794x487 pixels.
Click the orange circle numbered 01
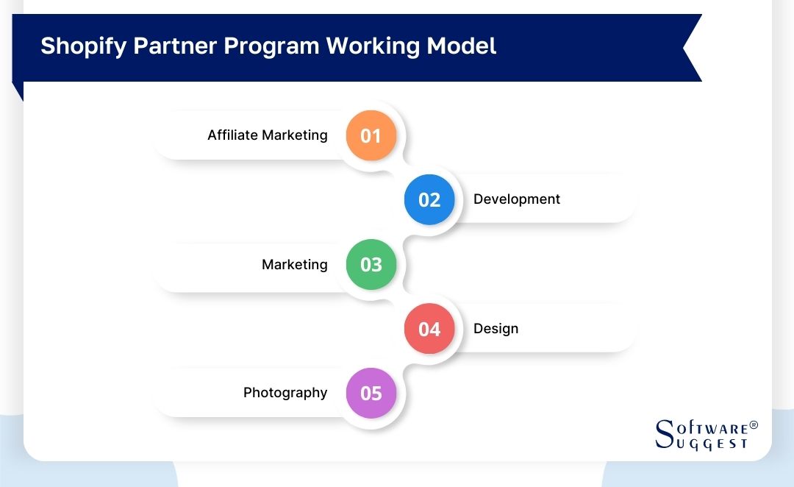point(371,135)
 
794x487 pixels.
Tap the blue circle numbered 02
point(429,199)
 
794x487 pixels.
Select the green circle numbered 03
point(371,264)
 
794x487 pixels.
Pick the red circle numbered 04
point(429,328)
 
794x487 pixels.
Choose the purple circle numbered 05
point(371,393)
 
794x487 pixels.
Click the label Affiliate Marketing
point(267,135)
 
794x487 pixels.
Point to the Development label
point(516,199)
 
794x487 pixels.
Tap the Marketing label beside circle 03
point(294,264)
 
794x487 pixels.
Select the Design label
point(496,328)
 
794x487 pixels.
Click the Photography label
point(285,393)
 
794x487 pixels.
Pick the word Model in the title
point(463,46)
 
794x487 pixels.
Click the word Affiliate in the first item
point(232,135)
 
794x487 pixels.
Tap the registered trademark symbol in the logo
point(753,426)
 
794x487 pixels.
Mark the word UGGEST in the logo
point(712,443)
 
